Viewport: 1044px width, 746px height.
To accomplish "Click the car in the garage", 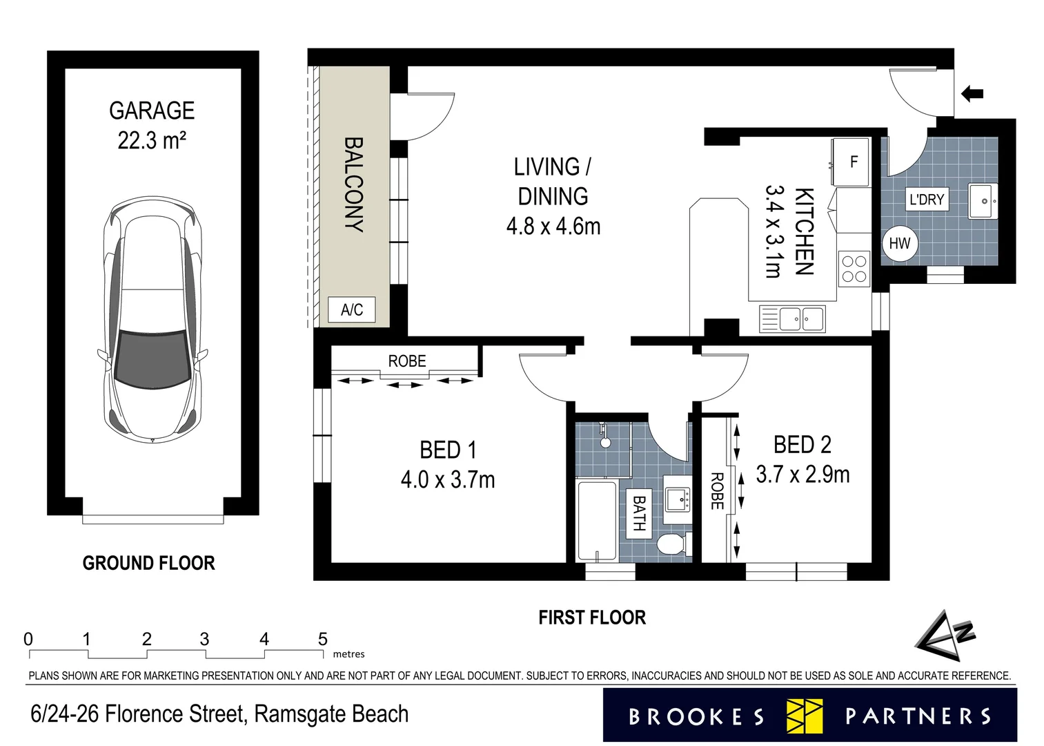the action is tap(152, 319).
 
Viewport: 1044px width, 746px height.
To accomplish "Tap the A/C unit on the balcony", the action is tap(351, 309).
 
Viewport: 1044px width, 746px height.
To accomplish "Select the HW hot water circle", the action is tap(900, 243).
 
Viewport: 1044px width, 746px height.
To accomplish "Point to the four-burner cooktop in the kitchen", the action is tap(854, 269).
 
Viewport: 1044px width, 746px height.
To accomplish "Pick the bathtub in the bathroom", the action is tap(597, 521).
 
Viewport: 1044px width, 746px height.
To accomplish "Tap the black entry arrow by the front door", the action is tap(972, 94).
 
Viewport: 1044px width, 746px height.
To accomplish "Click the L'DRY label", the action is tap(927, 200).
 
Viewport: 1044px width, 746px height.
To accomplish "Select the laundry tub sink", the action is tap(983, 201).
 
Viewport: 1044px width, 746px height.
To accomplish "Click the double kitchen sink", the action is tap(792, 319).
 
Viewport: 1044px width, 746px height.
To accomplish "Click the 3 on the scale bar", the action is tap(205, 639).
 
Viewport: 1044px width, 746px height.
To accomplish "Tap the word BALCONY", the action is tap(353, 184).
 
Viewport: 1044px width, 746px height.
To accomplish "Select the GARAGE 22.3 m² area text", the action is tap(152, 126).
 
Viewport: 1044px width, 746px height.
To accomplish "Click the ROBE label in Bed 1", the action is tap(407, 361).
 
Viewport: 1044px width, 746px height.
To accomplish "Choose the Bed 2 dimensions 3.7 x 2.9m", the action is tap(802, 475).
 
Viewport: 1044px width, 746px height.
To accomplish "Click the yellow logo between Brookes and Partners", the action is tap(805, 716).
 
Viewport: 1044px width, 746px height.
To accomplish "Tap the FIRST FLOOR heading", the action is tap(592, 618).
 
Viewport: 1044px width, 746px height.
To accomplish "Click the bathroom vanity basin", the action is tap(678, 499).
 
